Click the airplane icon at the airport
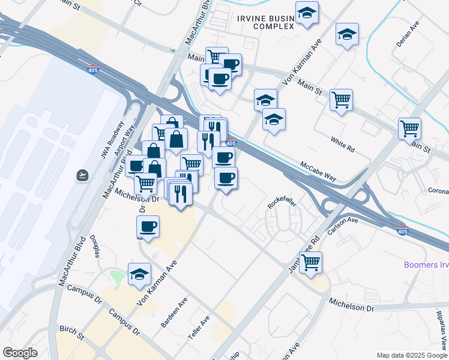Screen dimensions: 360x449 click(82, 175)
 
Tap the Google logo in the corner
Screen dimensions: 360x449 click(20, 353)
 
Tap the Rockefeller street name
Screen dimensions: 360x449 click(282, 202)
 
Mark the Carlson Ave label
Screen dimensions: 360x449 click(343, 226)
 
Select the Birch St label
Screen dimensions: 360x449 click(71, 331)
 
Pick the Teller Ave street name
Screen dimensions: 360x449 click(199, 329)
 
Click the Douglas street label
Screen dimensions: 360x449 click(95, 245)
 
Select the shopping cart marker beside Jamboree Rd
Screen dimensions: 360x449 click(311, 262)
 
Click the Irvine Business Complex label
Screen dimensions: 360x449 click(267, 22)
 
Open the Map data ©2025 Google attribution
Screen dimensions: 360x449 click(412, 355)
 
